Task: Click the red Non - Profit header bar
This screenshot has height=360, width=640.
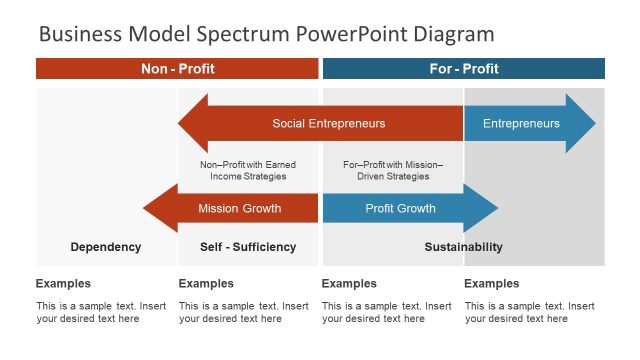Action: [177, 69]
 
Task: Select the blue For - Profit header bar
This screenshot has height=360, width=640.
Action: [463, 69]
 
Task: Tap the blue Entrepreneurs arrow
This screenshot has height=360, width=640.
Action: [521, 124]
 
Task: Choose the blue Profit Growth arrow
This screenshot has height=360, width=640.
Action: [400, 209]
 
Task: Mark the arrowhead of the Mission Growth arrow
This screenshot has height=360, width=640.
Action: [158, 209]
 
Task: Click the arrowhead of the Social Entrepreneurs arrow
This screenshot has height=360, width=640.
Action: [193, 124]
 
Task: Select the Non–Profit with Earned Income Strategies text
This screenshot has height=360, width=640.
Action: [248, 170]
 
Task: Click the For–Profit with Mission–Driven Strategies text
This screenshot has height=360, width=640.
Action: [393, 170]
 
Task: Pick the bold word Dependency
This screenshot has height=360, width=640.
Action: [106, 247]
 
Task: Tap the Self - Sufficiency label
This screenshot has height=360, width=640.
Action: [248, 247]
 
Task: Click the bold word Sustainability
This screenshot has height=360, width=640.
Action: [463, 247]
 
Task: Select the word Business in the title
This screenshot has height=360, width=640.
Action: [81, 35]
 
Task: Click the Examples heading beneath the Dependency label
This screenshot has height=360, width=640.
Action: [63, 284]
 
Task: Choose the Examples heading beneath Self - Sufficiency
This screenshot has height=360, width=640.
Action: [206, 284]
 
